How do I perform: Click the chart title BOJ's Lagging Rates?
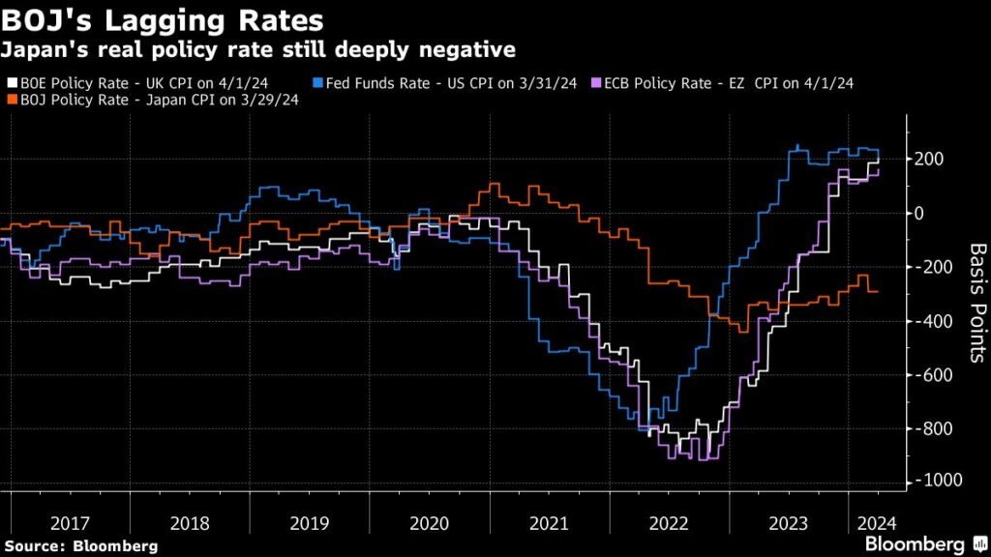165,19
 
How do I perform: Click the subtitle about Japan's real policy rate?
260,48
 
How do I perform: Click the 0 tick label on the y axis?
922,213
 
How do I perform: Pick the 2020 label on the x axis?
428,523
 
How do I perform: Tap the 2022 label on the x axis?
667,523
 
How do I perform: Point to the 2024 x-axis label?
875,523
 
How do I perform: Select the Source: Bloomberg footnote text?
79,546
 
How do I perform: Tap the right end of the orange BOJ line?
878,291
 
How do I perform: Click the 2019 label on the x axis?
309,523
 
